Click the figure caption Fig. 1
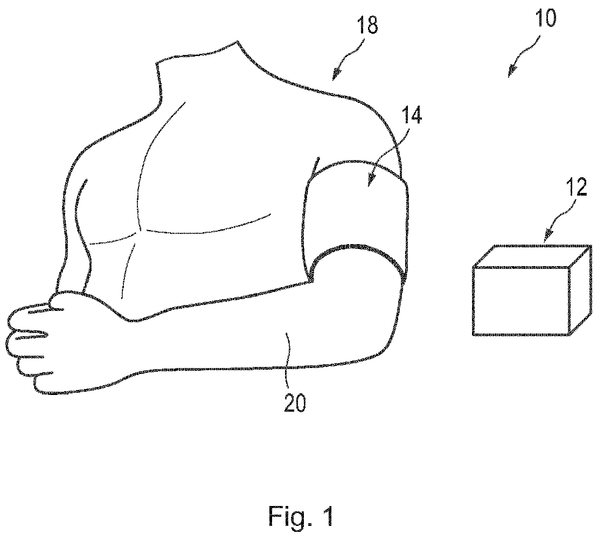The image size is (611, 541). click(x=301, y=516)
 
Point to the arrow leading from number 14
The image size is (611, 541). click(x=385, y=159)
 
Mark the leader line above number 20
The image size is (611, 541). click(x=290, y=350)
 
